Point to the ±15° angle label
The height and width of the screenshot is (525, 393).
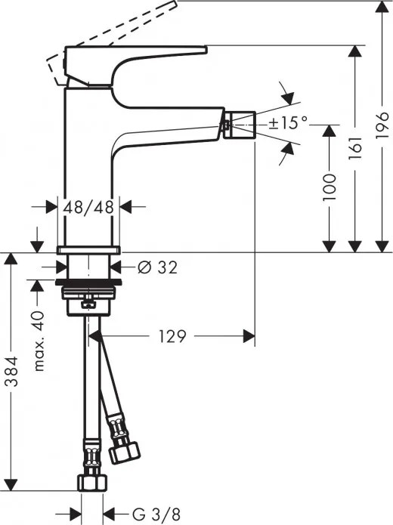[289, 122]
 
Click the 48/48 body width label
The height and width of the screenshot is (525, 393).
[89, 206]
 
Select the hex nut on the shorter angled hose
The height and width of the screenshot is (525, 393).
[124, 452]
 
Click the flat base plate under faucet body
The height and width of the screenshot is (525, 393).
[88, 250]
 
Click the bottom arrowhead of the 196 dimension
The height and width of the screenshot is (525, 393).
[380, 246]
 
